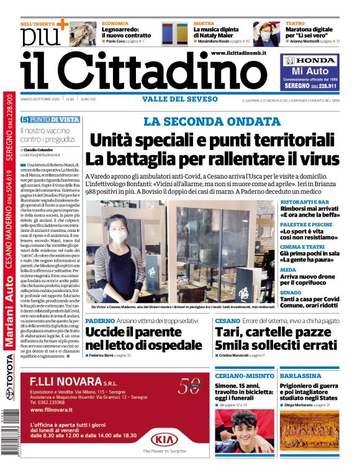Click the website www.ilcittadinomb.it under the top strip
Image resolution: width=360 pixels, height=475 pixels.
247,53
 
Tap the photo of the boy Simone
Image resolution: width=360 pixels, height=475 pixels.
244,431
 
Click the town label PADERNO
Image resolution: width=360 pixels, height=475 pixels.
100,321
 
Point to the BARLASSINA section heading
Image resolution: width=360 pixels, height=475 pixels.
300,376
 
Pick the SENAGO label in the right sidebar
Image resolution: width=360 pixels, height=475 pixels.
291,291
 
